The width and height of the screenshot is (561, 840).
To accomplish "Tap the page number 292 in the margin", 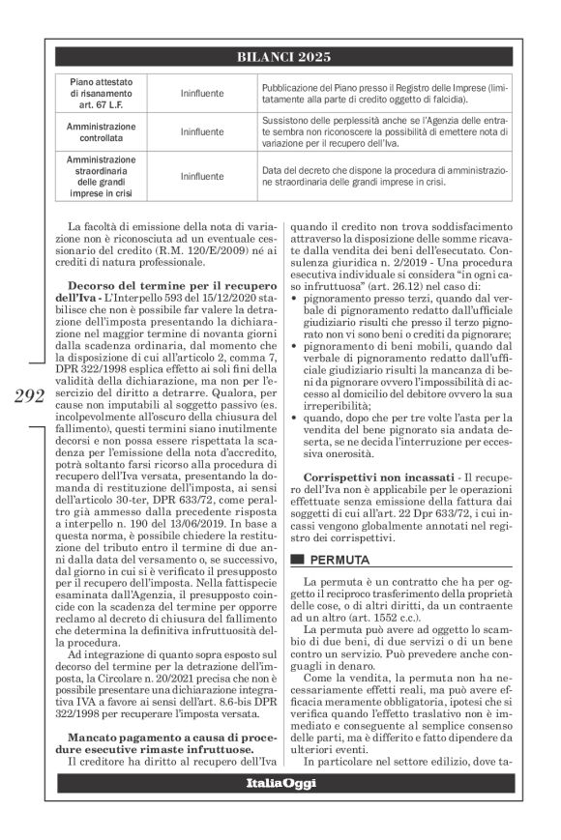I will (x=35, y=422).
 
